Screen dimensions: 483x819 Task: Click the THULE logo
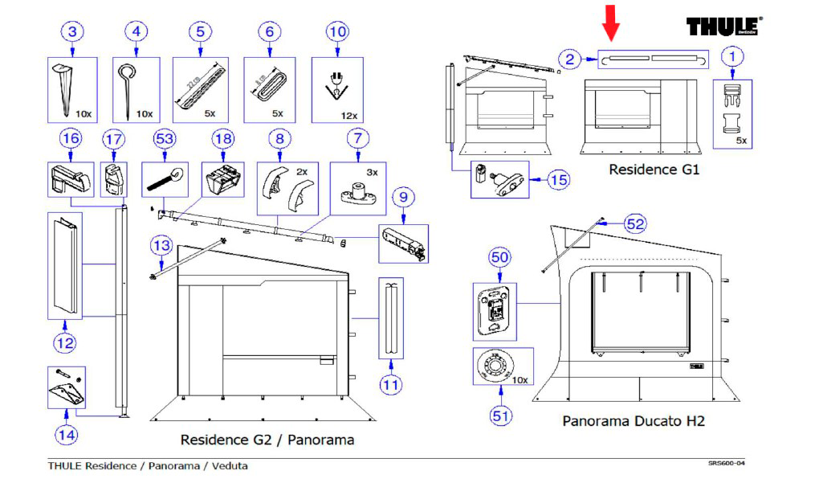(723, 27)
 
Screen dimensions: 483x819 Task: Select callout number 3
(73, 32)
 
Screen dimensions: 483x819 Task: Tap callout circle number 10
(136, 32)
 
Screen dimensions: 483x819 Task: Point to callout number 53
(165, 139)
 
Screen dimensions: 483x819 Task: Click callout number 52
(635, 224)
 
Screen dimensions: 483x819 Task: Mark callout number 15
(558, 179)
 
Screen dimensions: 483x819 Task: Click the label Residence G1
(654, 170)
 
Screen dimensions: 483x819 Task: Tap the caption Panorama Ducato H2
(634, 421)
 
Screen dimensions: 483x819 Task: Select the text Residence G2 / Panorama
(267, 440)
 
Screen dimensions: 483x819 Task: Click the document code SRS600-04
(729, 464)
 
